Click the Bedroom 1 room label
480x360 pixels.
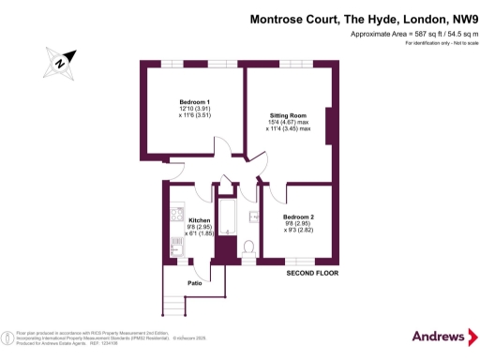click(x=195, y=101)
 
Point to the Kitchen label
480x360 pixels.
click(x=199, y=220)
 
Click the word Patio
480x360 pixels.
click(x=195, y=281)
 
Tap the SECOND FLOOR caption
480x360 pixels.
click(x=312, y=274)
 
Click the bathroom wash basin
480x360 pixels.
click(x=253, y=217)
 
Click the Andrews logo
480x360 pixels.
click(x=440, y=336)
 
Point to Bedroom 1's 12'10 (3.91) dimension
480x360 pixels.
click(x=195, y=110)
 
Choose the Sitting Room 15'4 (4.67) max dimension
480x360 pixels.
click(x=288, y=123)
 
